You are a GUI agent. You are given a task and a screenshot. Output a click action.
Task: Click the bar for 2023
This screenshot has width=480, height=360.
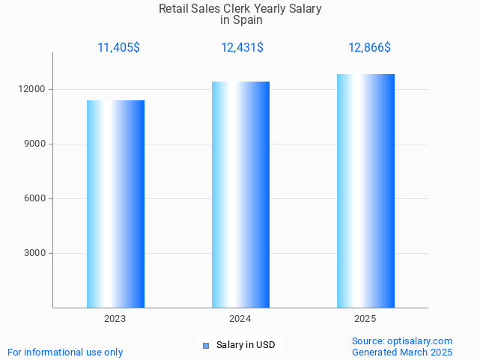pos(115,204)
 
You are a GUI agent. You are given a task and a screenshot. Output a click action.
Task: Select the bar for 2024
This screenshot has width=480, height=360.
pos(240,195)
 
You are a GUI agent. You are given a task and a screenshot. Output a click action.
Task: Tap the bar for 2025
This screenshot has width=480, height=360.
pos(365,191)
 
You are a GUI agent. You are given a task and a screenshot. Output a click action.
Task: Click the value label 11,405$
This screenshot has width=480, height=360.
pos(118,48)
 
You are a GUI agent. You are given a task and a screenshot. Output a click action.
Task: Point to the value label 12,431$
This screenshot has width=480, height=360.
pos(242,48)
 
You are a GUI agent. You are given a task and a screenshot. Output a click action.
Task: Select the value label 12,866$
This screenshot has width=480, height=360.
pos(369,48)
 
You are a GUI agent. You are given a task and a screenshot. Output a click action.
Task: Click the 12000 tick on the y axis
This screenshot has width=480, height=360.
pos(33,89)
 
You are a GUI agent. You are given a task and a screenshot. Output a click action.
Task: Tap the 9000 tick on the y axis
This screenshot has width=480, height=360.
pos(35,144)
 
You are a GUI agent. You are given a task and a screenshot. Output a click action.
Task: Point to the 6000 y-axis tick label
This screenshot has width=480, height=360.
pos(35,198)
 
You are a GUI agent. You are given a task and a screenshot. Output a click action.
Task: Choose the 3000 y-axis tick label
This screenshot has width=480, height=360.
pos(35,253)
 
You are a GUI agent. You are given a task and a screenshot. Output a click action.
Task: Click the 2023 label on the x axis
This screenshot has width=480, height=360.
pos(115,319)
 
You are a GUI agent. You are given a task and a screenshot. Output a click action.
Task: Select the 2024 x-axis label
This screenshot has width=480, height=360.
pos(240,319)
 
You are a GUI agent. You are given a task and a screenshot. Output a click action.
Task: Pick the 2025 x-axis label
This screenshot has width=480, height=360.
pos(365,319)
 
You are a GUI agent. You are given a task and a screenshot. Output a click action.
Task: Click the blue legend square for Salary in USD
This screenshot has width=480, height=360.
pos(206,345)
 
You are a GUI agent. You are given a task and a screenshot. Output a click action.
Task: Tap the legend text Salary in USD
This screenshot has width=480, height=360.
pos(246,345)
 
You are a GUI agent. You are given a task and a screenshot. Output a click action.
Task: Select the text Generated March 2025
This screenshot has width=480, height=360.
pos(402,352)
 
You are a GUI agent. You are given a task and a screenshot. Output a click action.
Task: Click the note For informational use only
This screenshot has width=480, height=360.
pos(65,352)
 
